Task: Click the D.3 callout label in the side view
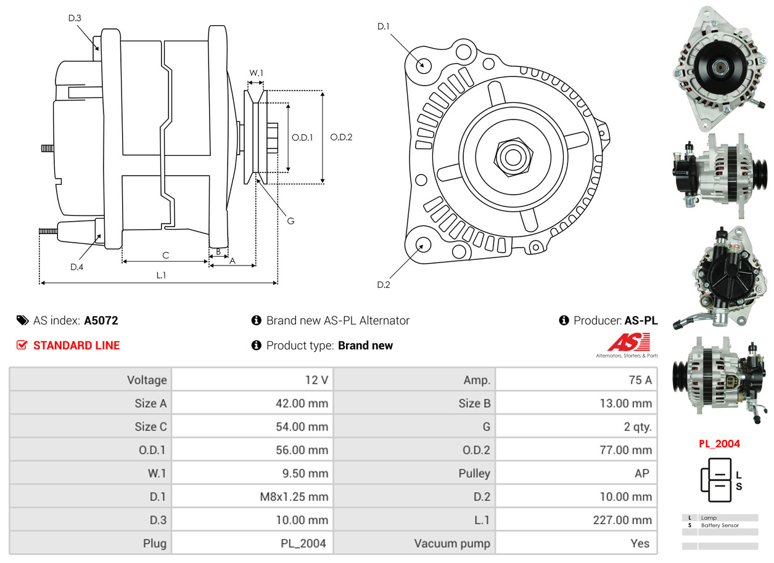click(75, 18)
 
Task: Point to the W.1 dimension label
click(256, 73)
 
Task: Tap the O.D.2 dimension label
click(341, 137)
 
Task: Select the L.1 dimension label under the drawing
click(160, 275)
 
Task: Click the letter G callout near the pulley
click(291, 220)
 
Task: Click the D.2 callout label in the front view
click(384, 285)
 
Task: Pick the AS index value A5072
click(101, 320)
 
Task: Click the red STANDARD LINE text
click(76, 346)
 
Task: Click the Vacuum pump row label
click(452, 543)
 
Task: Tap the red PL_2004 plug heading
click(719, 444)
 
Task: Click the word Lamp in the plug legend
click(709, 518)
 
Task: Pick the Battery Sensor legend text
click(720, 525)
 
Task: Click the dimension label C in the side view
click(165, 255)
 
